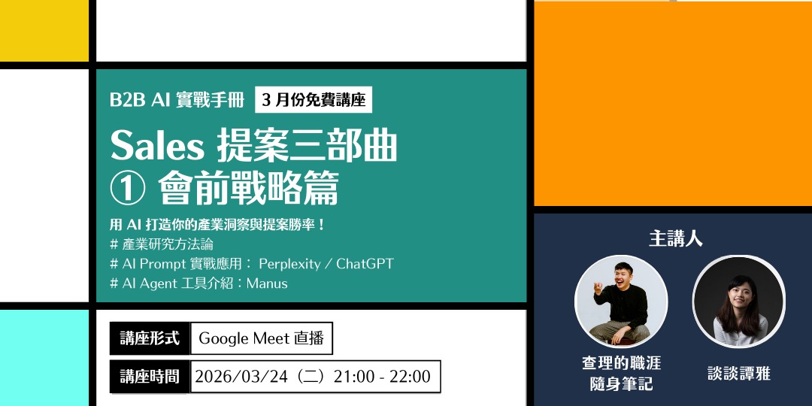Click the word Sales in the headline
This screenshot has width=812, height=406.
[157, 146]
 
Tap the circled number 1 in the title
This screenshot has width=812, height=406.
[127, 188]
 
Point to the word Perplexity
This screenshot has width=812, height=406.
[291, 264]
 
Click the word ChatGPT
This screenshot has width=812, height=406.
[365, 264]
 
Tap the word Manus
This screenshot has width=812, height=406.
[267, 283]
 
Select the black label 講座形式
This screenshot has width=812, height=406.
[150, 338]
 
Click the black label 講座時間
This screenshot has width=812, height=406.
[150, 376]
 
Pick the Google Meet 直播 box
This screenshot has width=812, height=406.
[261, 338]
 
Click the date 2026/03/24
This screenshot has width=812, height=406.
[243, 376]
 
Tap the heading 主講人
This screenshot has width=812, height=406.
[675, 239]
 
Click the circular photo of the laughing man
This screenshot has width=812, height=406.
[621, 301]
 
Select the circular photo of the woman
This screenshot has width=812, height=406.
[738, 301]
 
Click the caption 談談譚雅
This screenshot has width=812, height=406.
[739, 373]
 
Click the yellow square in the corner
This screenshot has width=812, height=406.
[44, 30]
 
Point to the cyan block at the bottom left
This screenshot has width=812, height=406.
[44, 358]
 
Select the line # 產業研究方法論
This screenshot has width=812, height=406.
[162, 244]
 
